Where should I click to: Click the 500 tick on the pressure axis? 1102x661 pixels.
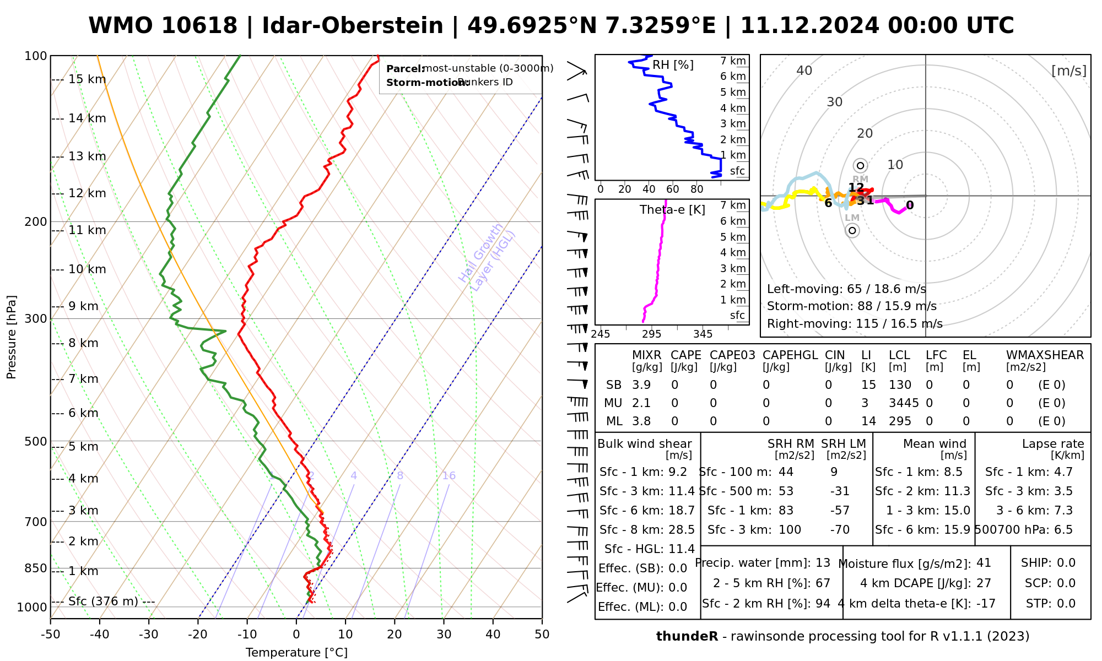pos(36,442)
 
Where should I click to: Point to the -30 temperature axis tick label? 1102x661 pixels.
pos(149,635)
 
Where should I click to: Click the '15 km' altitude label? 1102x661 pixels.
pos(87,79)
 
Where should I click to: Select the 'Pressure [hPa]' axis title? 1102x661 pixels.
pos(12,337)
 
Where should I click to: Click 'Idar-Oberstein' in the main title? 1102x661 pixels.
pos(352,26)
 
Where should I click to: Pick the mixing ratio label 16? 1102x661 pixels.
pos(449,476)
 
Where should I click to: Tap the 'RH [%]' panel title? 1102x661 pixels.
pos(673,65)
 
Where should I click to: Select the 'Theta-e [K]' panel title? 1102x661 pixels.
pos(672,210)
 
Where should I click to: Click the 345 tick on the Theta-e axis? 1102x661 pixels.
pos(703,334)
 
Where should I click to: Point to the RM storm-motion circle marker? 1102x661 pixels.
pos(861,165)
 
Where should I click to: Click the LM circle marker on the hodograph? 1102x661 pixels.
pos(852,230)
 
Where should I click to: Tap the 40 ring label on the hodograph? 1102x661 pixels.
pos(804,71)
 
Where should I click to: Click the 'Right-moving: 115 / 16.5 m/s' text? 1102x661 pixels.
pos(855,324)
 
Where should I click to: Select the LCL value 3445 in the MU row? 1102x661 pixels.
pos(904,403)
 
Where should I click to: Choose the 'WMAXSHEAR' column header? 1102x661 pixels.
pos(1045,355)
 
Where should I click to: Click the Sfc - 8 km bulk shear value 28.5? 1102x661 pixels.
pos(682,530)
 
